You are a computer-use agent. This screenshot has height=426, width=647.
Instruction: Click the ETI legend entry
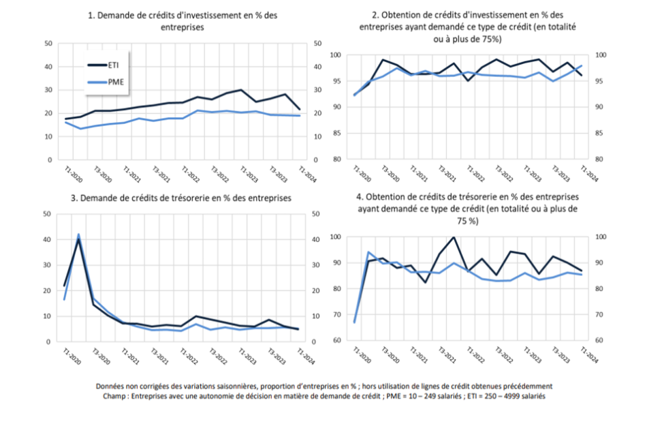pos(104,65)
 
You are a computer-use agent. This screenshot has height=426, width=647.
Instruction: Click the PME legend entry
pos(106,82)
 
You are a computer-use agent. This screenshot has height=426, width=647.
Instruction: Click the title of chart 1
pos(183,21)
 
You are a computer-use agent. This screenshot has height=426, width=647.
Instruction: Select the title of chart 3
pos(180,198)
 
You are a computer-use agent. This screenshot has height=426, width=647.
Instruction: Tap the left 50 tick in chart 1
pos(48,44)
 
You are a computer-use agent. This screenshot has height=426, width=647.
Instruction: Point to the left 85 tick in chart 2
pos(336,134)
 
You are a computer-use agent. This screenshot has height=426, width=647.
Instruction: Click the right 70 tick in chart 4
pos(599,314)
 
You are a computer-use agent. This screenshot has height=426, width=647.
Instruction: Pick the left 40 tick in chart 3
pos(47,239)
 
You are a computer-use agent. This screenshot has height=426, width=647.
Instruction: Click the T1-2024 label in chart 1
pos(307,174)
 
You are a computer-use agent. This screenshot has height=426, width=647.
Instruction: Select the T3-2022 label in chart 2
pos(504,174)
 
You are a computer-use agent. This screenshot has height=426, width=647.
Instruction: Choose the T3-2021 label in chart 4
pos(447,355)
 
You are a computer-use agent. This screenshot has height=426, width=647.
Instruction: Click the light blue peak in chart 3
pos(78,234)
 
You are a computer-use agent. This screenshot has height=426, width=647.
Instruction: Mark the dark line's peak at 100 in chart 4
pos(454,237)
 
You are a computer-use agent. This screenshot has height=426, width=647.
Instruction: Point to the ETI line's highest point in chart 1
pos(241,89)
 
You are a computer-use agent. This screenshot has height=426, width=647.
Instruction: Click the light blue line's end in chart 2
pos(582,65)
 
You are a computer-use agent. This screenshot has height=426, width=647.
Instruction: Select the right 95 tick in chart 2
pos(599,81)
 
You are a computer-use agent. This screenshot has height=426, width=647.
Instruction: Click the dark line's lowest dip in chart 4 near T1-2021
pos(426,282)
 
